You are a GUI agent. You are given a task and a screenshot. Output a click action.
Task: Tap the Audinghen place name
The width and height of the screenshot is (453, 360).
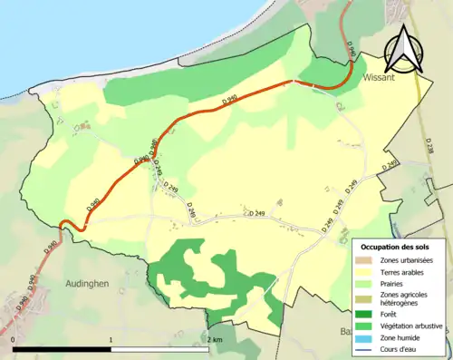[x=88, y=283]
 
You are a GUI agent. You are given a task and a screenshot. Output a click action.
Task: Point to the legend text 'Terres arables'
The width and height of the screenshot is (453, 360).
[x=403, y=271]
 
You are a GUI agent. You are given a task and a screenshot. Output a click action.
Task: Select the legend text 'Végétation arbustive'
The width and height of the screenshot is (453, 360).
[x=413, y=326]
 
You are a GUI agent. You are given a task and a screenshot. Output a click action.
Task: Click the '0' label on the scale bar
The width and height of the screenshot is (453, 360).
[x=14, y=341]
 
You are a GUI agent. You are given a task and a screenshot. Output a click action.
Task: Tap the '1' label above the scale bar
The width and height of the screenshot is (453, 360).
[x=111, y=341]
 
